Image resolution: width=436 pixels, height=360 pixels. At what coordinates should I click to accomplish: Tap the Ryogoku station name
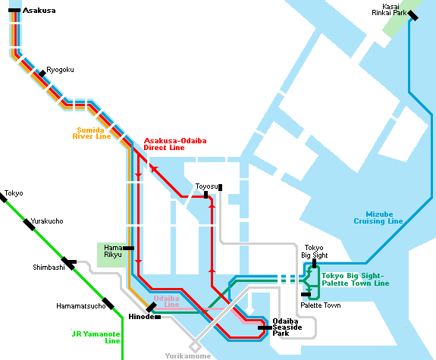click(60, 69)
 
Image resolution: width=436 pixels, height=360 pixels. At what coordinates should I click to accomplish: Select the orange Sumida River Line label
click(92, 133)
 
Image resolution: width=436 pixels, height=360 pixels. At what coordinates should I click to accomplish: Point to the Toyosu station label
click(206, 186)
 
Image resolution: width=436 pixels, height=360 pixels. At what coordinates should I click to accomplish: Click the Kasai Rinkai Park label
click(387, 9)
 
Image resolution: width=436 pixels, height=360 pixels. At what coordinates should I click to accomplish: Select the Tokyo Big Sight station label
click(314, 251)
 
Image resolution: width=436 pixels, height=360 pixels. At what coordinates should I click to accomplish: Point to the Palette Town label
click(320, 305)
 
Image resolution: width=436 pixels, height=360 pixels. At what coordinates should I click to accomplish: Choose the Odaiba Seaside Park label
click(289, 327)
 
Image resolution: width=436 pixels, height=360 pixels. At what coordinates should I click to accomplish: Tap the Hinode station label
click(141, 316)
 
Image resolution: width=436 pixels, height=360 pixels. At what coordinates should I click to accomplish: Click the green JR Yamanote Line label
click(96, 337)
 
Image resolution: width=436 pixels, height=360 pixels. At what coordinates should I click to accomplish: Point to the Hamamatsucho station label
click(80, 305)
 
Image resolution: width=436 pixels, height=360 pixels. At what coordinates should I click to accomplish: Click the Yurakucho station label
click(47, 221)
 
